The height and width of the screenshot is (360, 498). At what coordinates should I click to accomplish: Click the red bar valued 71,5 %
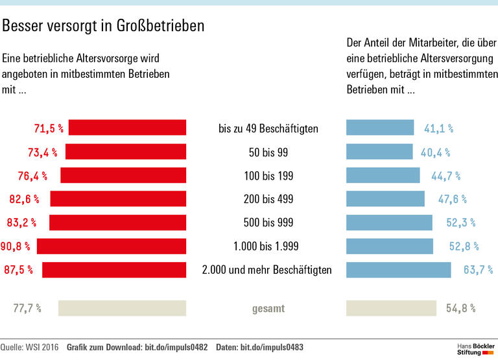127,128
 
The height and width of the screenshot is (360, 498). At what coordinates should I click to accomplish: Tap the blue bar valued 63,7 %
399,269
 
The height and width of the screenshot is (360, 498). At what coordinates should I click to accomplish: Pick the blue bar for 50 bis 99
380,152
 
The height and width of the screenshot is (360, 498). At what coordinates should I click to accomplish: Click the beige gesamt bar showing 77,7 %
122,308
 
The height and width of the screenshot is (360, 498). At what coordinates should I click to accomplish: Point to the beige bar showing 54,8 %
392,308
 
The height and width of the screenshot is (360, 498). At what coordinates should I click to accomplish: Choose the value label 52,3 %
460,222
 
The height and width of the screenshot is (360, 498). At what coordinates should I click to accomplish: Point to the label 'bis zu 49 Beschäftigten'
268,128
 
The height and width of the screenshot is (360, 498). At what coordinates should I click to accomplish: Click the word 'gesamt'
268,309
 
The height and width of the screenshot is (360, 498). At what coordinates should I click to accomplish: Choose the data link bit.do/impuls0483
272,348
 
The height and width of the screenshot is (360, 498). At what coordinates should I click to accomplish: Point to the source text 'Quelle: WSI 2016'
30,348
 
